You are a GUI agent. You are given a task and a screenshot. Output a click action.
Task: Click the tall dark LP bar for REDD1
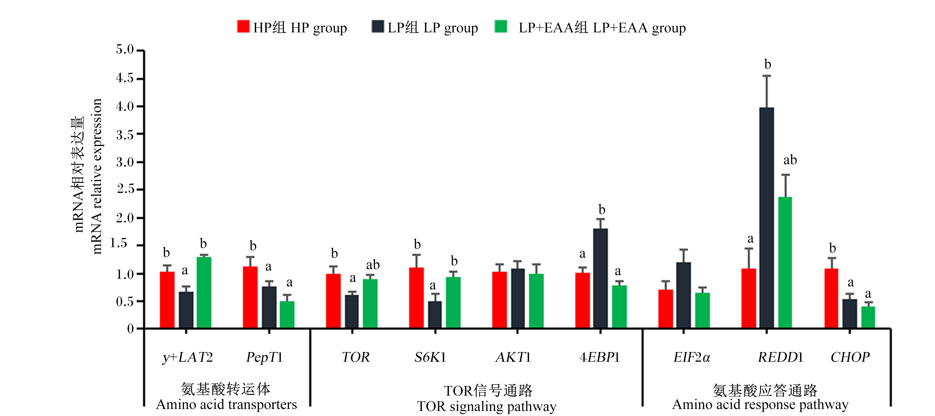pyautogui.click(x=767, y=218)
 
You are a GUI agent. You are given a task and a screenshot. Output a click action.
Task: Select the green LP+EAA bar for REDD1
pyautogui.click(x=785, y=263)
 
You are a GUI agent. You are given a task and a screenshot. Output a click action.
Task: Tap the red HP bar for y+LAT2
pyautogui.click(x=167, y=300)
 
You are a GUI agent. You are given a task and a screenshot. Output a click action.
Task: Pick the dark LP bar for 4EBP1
pyautogui.click(x=600, y=279)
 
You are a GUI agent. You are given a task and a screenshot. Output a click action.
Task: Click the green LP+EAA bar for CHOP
pyautogui.click(x=868, y=318)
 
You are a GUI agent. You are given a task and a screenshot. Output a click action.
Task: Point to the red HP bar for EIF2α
pyautogui.click(x=666, y=309)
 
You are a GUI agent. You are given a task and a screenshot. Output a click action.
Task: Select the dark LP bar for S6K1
pyautogui.click(x=435, y=315)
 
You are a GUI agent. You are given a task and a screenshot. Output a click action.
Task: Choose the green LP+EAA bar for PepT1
pyautogui.click(x=287, y=315)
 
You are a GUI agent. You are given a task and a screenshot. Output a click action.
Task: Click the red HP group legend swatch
pyautogui.click(x=243, y=26)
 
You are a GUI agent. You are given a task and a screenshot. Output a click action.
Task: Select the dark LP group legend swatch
pyautogui.click(x=378, y=26)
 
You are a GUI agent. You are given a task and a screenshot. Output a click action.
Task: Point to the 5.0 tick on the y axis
pyautogui.click(x=140, y=51)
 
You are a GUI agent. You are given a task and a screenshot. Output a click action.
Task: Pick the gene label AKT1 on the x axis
pyautogui.click(x=513, y=357)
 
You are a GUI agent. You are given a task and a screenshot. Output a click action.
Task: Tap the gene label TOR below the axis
pyautogui.click(x=356, y=357)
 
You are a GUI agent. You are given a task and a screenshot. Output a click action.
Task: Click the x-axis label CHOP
pyautogui.click(x=850, y=357)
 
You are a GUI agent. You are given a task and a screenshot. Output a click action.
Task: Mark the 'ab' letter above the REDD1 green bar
pyautogui.click(x=790, y=160)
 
